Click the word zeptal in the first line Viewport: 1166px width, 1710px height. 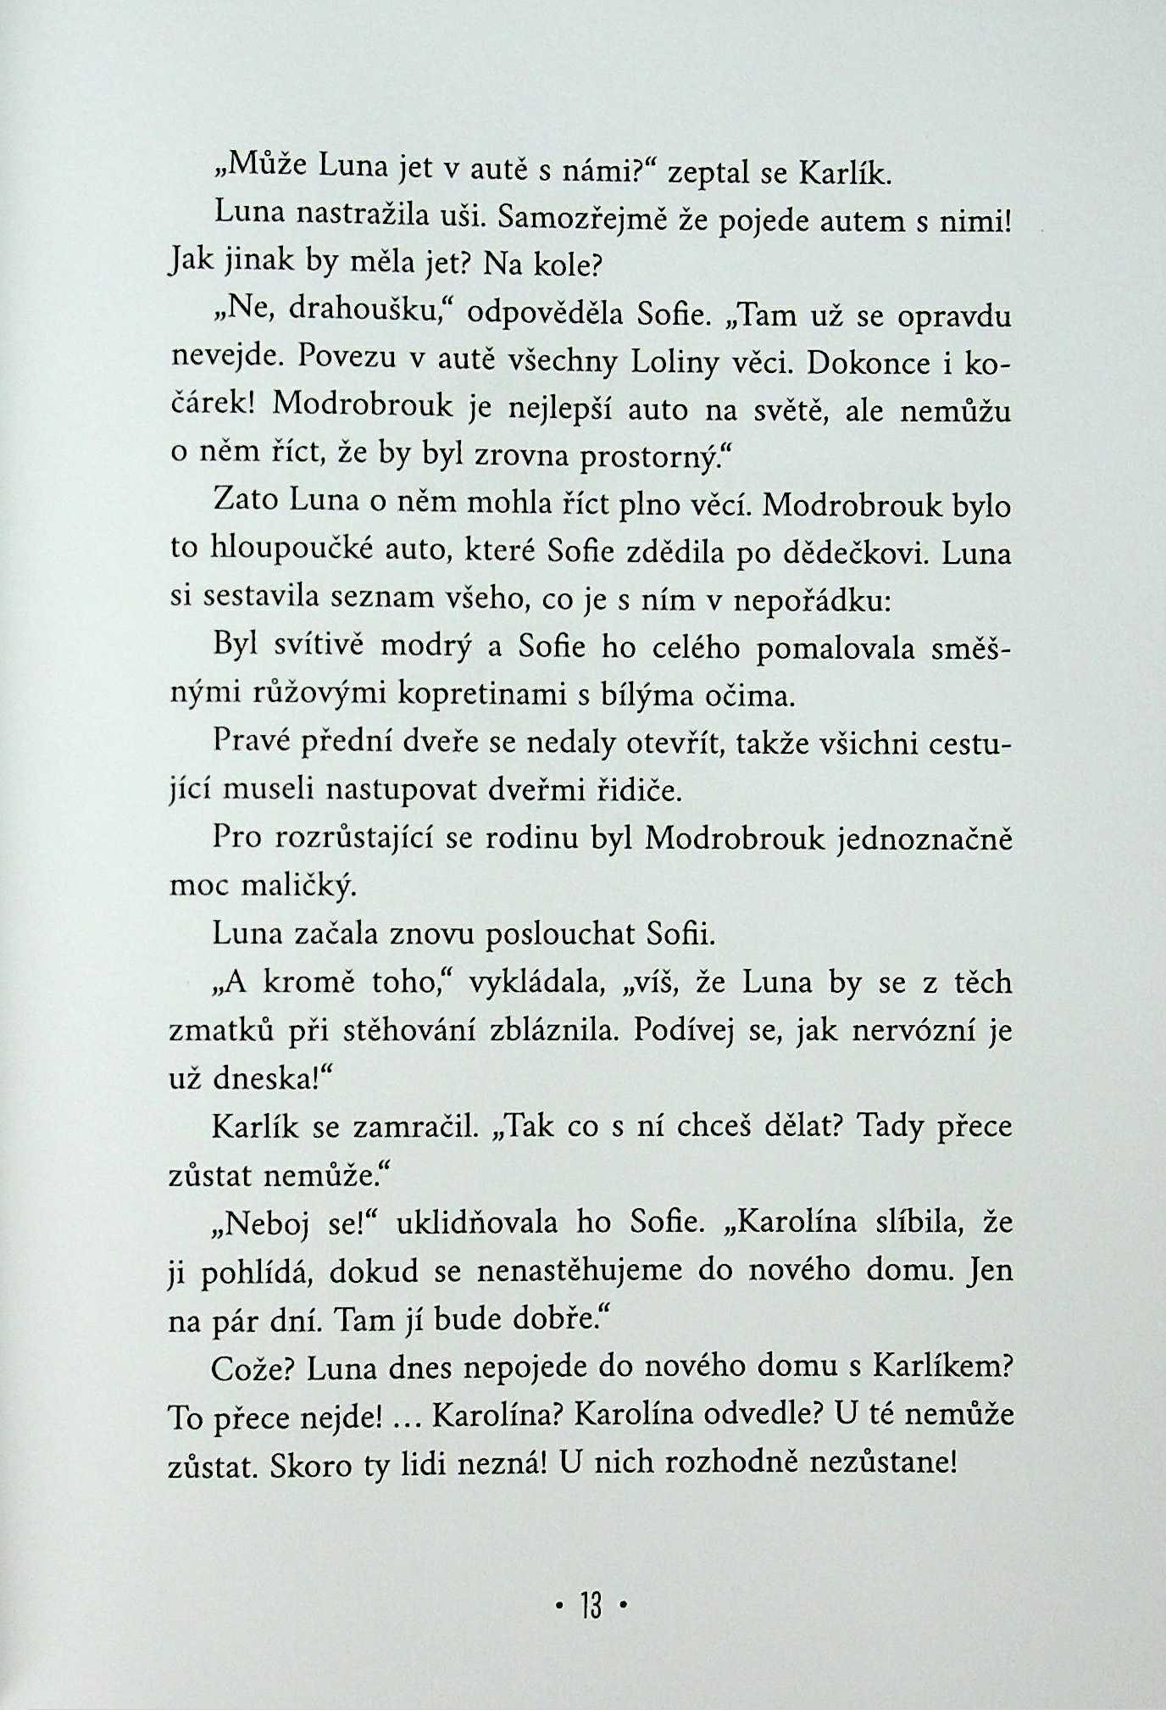pyautogui.click(x=705, y=175)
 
